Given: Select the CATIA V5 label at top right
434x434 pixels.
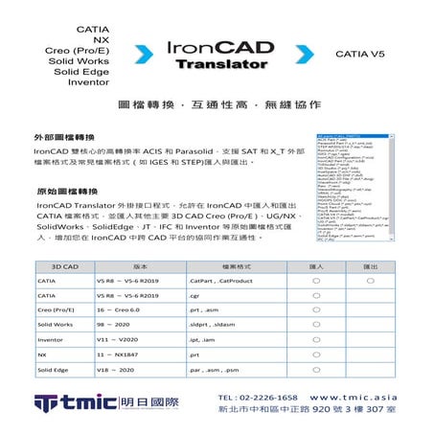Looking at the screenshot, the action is (361, 56).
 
